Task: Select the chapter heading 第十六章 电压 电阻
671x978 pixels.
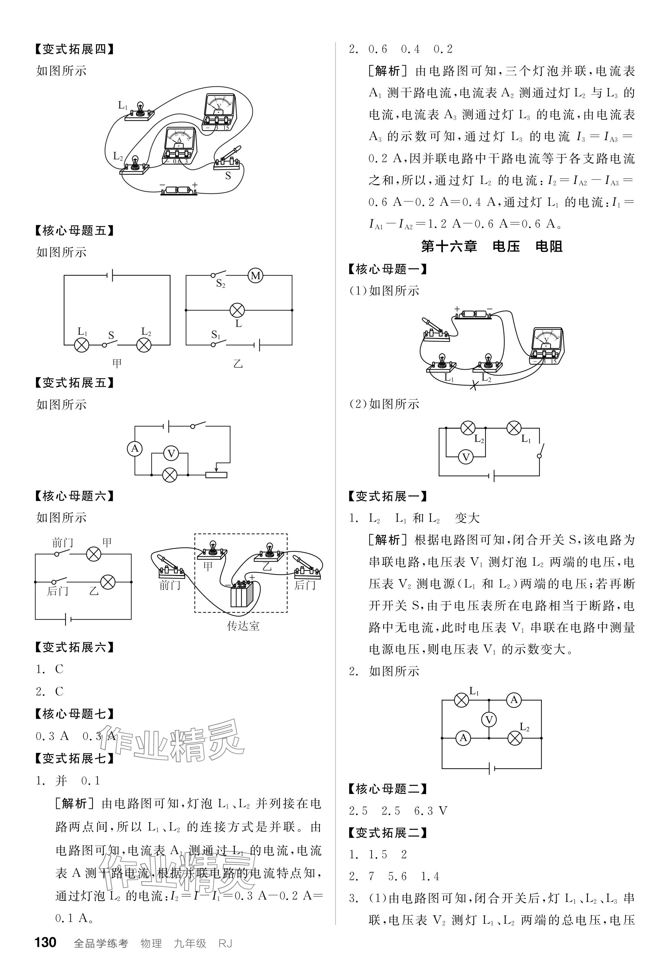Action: click(492, 246)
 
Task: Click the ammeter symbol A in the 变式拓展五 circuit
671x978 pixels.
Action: click(135, 449)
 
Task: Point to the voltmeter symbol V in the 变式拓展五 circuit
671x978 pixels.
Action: click(171, 454)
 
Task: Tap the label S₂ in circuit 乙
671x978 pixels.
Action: click(221, 284)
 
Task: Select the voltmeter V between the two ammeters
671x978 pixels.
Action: click(489, 720)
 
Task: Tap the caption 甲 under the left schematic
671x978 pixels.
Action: click(117, 363)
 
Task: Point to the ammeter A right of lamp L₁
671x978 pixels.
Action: click(513, 700)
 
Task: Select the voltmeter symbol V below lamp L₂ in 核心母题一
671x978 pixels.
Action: click(466, 457)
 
